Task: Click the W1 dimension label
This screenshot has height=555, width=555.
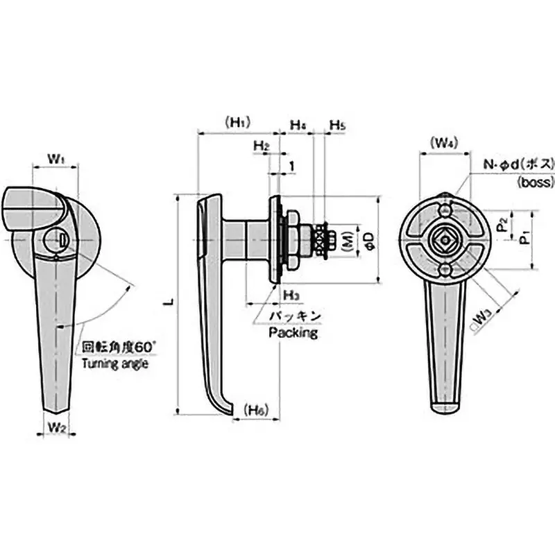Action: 56,159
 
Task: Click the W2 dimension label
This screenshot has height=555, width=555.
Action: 56,427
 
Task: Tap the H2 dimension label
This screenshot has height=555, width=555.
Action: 261,146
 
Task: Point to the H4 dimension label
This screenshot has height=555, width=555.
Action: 298,126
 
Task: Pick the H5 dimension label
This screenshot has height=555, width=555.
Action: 337,126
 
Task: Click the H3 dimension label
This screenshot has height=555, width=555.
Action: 291,296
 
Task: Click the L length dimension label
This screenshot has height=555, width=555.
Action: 167,304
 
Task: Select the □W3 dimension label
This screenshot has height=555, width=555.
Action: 481,320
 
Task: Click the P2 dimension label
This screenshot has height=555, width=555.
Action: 502,225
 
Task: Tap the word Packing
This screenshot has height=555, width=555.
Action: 293,333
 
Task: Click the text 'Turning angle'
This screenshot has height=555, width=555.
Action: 115,363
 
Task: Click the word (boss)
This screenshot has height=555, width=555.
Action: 535,182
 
